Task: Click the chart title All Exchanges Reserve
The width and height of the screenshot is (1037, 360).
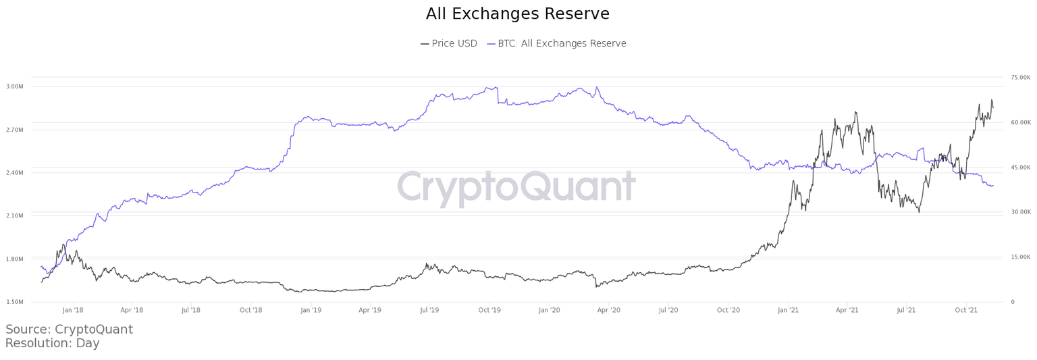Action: coord(518,14)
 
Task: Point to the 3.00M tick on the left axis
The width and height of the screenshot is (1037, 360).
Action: coord(15,86)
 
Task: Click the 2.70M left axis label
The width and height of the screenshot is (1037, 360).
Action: coord(15,130)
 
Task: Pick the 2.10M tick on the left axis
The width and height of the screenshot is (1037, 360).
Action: coord(15,216)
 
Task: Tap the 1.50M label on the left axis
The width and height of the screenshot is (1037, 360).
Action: coord(15,302)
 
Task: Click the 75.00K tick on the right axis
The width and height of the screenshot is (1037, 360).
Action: coord(1020,78)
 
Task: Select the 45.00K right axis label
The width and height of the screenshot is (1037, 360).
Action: coord(1020,168)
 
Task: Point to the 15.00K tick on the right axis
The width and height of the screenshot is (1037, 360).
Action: coord(1020,257)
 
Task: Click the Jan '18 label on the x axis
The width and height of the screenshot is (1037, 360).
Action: coord(72,311)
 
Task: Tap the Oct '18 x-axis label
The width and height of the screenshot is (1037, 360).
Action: coord(250,311)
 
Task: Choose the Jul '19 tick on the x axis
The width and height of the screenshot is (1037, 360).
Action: coord(429,311)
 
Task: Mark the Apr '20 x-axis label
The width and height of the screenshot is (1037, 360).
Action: coord(609,311)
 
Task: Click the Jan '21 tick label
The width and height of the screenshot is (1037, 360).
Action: coord(788,311)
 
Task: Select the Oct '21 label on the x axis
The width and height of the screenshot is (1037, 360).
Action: coord(966,311)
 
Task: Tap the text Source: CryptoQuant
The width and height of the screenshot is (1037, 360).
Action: coord(69,330)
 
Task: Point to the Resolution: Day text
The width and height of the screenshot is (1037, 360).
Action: coord(52,344)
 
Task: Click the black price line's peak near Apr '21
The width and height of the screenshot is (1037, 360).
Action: coord(855,111)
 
